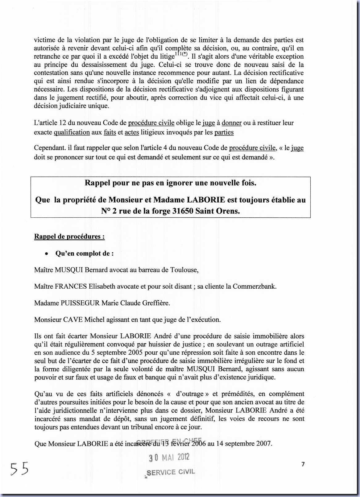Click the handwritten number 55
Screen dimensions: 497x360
[19, 469]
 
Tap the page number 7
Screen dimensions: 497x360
[303, 464]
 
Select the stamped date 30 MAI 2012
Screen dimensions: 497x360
[169, 457]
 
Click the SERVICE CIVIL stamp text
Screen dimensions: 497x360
[171, 472]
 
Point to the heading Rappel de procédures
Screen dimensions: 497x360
[69, 236]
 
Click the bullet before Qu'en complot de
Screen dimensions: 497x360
[46, 254]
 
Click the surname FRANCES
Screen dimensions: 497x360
[71, 286]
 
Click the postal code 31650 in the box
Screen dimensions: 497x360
[183, 211]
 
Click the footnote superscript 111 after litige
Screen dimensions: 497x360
[179, 54]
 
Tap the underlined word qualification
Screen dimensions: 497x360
[72, 132]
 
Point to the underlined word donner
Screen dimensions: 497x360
[231, 123]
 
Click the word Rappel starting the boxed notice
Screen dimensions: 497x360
[97, 183]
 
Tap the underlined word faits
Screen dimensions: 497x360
[110, 132]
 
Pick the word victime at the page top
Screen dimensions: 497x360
[45, 40]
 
